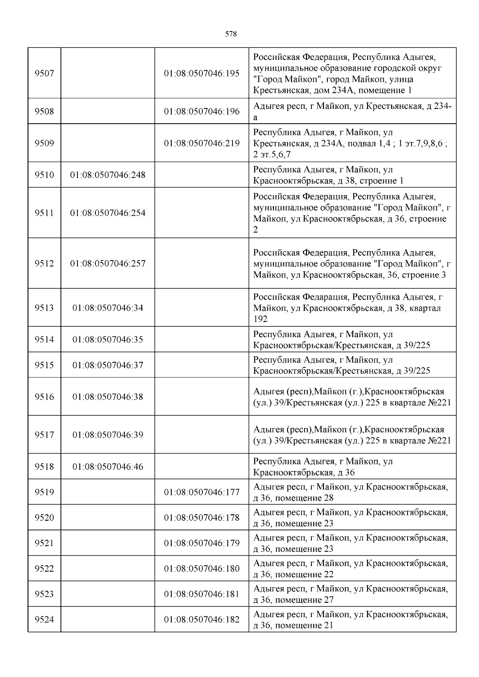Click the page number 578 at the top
click(x=231, y=34)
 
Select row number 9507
click(x=44, y=73)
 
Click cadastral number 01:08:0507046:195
click(x=202, y=73)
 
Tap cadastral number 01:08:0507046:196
click(x=202, y=111)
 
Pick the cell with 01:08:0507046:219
click(x=202, y=143)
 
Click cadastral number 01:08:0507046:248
click(x=108, y=175)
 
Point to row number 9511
click(x=44, y=213)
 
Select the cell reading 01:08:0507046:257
click(x=108, y=263)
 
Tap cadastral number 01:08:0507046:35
click(x=108, y=339)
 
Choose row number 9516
click(x=44, y=397)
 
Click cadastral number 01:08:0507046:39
click(x=108, y=435)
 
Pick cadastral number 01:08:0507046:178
click(x=202, y=517)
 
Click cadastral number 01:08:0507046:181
click(x=202, y=594)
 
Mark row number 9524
click(x=44, y=620)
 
